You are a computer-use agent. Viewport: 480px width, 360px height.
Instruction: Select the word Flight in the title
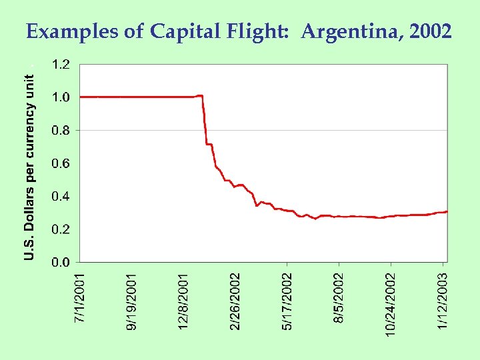coord(257,31)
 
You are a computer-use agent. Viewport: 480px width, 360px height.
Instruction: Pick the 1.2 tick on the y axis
coord(60,65)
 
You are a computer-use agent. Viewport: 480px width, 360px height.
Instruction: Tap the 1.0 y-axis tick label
coord(60,97)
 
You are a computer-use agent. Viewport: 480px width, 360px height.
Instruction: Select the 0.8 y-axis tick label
coord(60,131)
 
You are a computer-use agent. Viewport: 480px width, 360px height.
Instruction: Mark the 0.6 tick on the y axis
coord(60,163)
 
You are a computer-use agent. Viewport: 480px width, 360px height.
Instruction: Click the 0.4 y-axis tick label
coord(60,197)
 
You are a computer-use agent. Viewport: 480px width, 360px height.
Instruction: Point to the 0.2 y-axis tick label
coord(60,229)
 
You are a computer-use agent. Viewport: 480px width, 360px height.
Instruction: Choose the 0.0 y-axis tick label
coord(60,263)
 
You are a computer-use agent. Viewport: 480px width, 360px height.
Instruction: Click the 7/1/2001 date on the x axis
coord(79,297)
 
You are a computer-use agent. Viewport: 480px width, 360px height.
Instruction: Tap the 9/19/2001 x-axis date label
coord(132,300)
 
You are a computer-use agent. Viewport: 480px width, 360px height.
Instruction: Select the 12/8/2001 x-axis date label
coord(183,300)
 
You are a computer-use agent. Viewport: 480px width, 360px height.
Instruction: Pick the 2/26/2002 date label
coord(235,300)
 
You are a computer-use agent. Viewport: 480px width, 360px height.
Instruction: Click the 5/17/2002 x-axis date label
coord(287,300)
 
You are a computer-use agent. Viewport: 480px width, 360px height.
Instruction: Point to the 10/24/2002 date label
coord(391,303)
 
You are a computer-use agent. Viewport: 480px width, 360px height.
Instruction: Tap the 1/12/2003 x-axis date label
coord(443,300)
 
